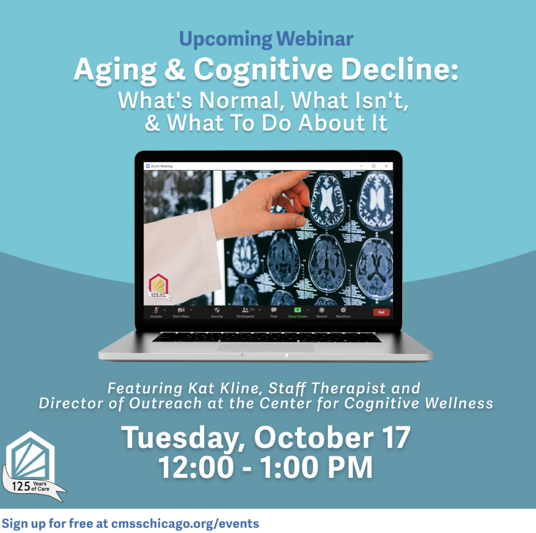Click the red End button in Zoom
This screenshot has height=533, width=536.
click(381, 312)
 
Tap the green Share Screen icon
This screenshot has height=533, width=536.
click(298, 310)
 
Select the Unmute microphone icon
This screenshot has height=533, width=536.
click(156, 311)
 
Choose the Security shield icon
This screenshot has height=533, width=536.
click(217, 310)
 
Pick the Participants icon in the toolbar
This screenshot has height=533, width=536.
click(246, 310)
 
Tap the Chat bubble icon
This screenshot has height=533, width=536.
click(274, 310)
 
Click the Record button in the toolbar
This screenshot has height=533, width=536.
click(321, 310)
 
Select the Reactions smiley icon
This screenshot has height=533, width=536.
click(343, 310)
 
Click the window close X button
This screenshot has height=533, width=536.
click(386, 166)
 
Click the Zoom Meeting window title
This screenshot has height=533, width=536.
click(161, 166)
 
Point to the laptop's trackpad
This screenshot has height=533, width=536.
click(266, 347)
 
